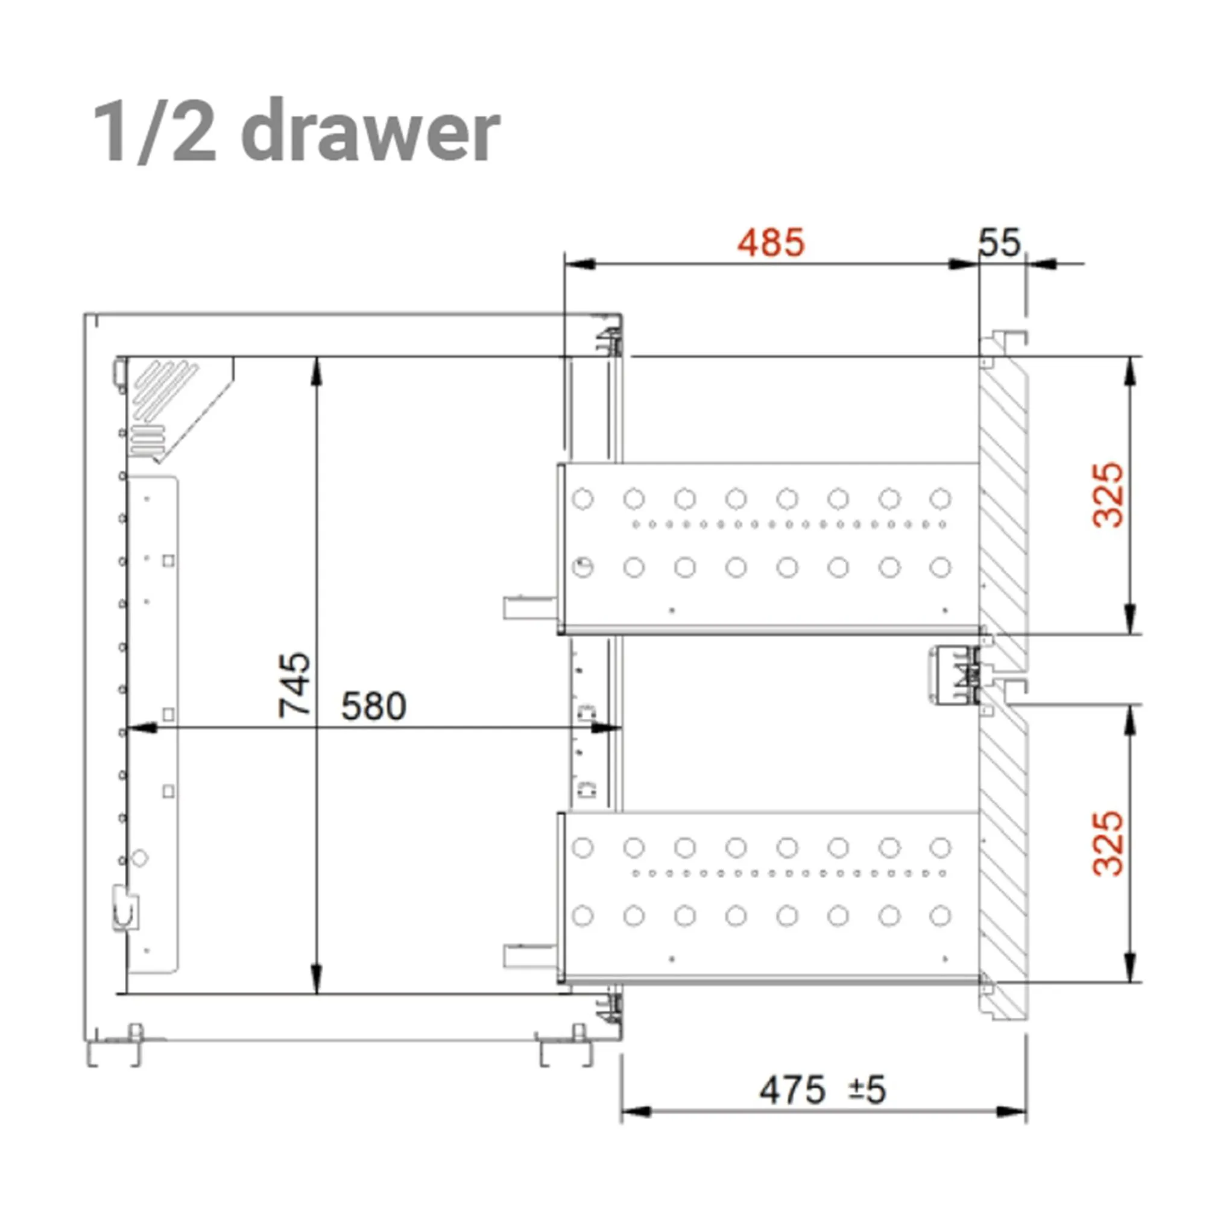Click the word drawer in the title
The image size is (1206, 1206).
[370, 131]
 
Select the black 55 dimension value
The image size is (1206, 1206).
[999, 242]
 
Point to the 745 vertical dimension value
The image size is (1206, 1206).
[295, 684]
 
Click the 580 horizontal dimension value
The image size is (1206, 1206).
[373, 707]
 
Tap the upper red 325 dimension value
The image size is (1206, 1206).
[1109, 495]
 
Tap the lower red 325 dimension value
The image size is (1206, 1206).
[1109, 844]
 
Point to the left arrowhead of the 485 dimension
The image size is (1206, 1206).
[581, 264]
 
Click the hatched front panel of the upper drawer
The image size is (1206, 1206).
[1003, 499]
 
